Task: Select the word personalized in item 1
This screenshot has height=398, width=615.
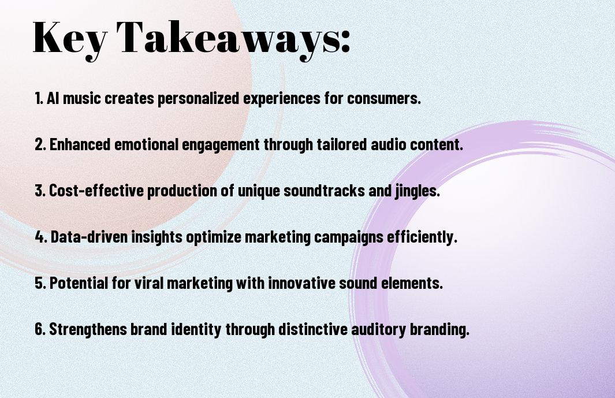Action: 198,99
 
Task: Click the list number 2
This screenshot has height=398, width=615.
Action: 40,144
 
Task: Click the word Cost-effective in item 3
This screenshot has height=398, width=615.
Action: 96,191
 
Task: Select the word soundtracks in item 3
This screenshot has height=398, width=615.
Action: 324,191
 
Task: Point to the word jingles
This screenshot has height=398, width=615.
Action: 417,191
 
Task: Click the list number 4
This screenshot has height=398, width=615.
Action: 41,237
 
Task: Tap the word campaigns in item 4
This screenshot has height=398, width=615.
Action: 348,237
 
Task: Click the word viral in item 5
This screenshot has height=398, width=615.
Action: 148,282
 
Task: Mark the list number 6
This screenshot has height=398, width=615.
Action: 40,329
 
